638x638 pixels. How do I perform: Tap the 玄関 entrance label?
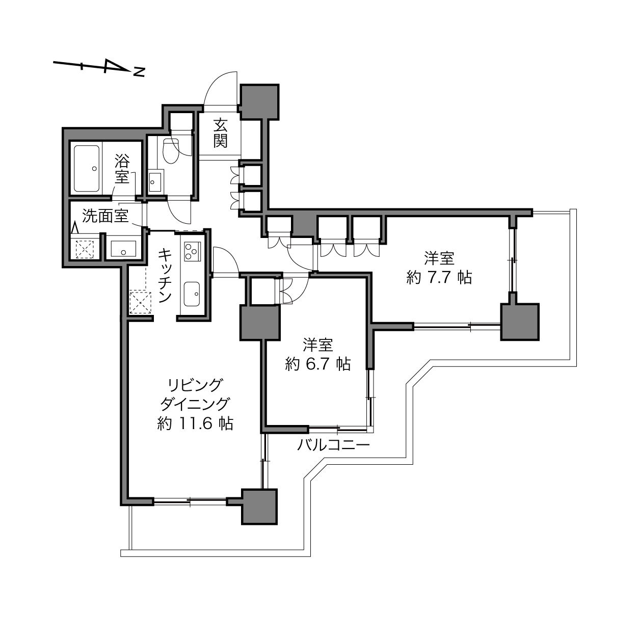[x=220, y=133]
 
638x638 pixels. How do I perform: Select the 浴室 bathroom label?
[x=122, y=169]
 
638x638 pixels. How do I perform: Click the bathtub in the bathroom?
[x=87, y=169]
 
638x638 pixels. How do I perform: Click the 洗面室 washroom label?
[x=105, y=216]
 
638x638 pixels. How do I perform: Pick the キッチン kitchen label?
[x=165, y=276]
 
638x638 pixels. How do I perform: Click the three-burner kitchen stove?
[x=192, y=251]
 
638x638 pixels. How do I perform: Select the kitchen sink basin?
[x=192, y=294]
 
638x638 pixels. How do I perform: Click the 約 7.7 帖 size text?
[x=439, y=278]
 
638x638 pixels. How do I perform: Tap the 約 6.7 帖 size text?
[x=318, y=364]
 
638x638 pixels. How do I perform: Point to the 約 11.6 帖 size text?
[x=195, y=423]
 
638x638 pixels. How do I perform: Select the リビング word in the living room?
[x=195, y=385]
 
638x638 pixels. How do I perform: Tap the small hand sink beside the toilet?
[x=155, y=181]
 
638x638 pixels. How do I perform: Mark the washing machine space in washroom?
[x=85, y=249]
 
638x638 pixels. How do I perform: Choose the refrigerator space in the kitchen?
[x=140, y=302]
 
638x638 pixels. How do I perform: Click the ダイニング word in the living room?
[x=195, y=404]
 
